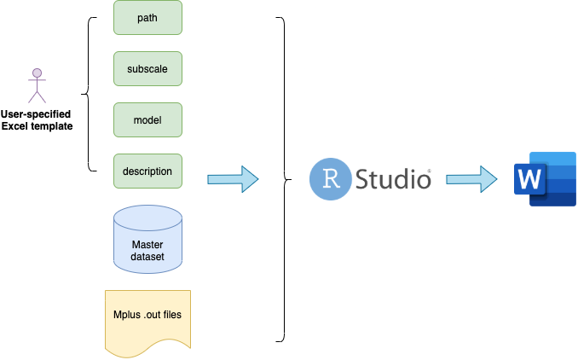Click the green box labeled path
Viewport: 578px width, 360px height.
click(x=147, y=18)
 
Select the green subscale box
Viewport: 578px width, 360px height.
click(x=147, y=69)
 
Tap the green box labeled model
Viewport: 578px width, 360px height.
click(x=147, y=120)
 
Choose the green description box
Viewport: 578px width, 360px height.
click(x=147, y=171)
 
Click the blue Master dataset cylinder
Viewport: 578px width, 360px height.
click(x=147, y=240)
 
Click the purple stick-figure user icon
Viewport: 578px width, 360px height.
click(x=37, y=85)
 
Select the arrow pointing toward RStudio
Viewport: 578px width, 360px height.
click(x=233, y=179)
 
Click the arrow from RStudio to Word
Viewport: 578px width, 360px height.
click(x=471, y=179)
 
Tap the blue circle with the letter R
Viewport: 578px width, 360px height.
click(x=330, y=179)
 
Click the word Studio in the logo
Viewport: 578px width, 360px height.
click(x=393, y=179)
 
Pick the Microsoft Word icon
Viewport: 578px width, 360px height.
click(x=545, y=179)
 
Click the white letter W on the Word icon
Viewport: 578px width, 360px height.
click(x=529, y=179)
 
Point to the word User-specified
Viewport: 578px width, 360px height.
click(x=36, y=114)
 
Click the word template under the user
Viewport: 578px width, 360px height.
click(x=52, y=126)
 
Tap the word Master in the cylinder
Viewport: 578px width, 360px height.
click(x=147, y=245)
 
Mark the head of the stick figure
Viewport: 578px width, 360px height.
click(x=37, y=73)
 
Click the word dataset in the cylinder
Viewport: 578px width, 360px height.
click(x=147, y=257)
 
